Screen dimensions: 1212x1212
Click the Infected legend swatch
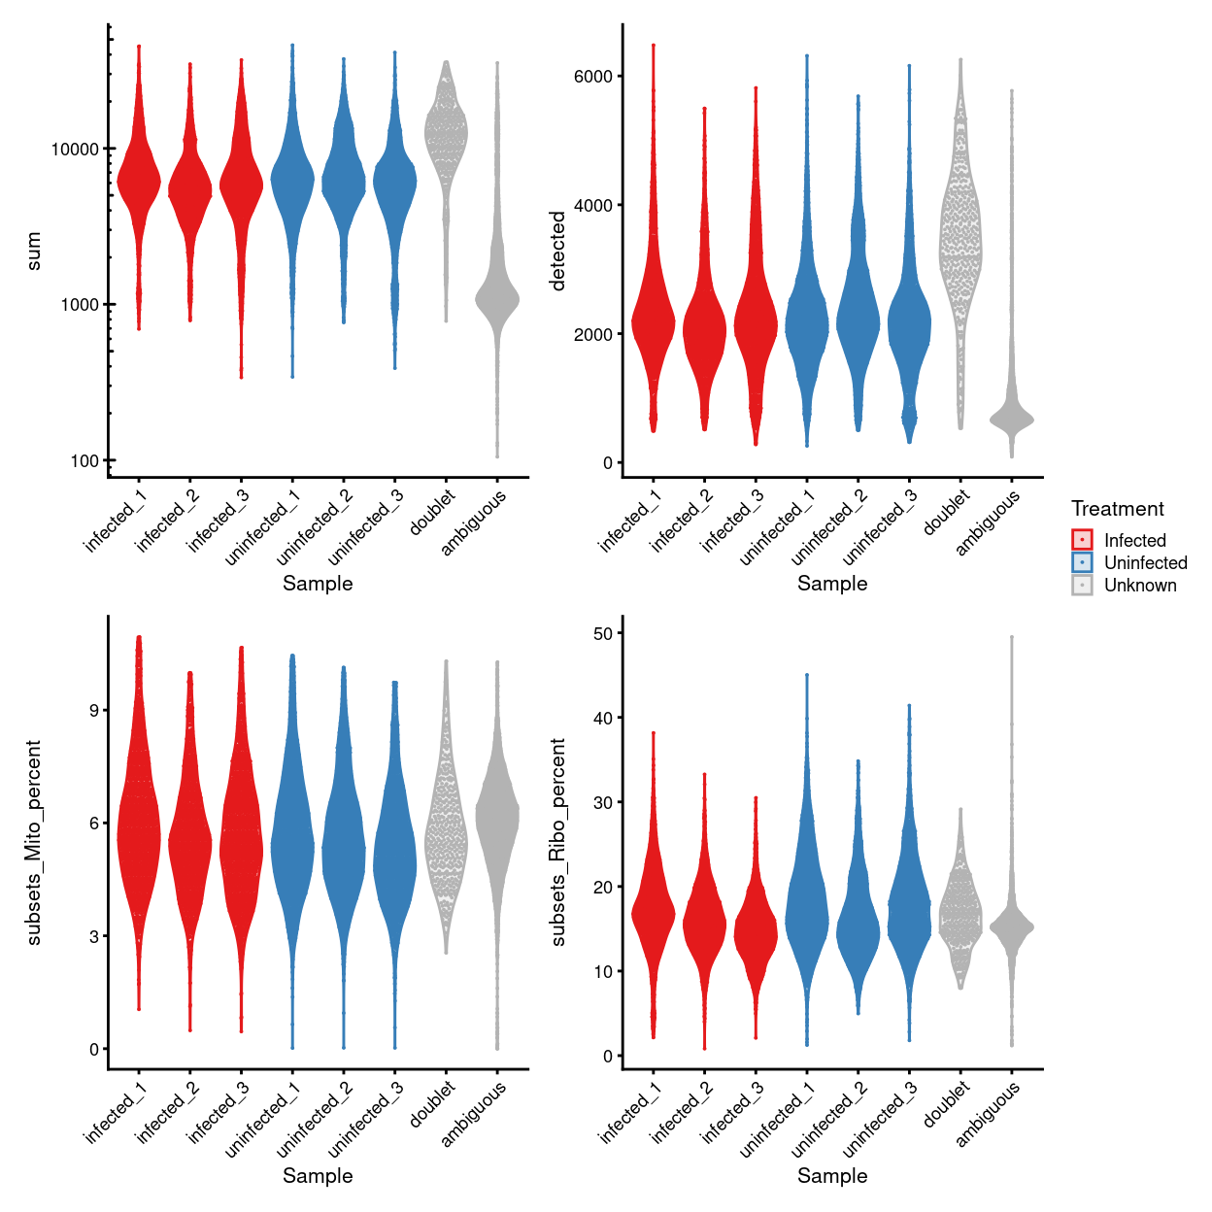1082,540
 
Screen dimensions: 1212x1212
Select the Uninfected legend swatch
1082,562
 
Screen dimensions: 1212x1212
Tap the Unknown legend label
1140,586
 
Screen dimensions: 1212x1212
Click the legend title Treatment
1117,509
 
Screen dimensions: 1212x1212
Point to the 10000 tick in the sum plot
75,149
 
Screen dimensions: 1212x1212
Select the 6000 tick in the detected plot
592,77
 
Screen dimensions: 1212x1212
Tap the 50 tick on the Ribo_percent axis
602,633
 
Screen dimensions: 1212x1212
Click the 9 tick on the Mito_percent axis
93,711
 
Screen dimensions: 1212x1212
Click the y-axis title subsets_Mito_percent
34,842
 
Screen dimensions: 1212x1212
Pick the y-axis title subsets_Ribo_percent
557,842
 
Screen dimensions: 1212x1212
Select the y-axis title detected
557,251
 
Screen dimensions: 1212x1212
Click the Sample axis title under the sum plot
318,584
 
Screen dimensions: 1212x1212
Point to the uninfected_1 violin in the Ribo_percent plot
806,913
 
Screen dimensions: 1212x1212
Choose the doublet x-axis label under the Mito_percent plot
433,1105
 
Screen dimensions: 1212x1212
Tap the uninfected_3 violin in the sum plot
394,185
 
